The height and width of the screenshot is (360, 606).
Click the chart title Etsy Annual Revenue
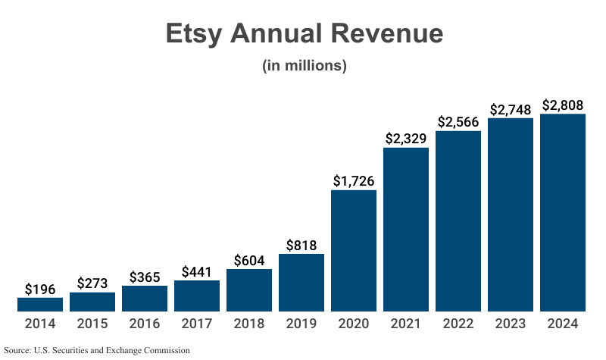[304, 34]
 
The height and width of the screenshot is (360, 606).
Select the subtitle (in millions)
[304, 66]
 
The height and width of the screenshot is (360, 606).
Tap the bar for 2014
[40, 305]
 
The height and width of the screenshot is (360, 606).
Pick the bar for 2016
[145, 299]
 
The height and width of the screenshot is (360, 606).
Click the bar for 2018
[249, 290]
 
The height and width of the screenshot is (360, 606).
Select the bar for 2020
[354, 250]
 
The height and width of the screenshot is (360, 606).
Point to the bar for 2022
[458, 221]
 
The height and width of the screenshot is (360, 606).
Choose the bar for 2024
[563, 212]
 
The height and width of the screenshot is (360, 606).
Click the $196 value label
[40, 289]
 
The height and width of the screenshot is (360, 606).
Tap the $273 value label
[92, 283]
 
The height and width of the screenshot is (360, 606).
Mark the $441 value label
[197, 271]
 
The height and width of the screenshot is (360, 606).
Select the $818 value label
[301, 245]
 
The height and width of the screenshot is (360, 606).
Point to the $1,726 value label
[354, 181]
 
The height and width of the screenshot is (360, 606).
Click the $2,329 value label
[406, 139]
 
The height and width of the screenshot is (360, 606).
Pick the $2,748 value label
[511, 109]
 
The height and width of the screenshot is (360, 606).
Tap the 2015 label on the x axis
[92, 324]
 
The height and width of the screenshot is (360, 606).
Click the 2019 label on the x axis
[301, 324]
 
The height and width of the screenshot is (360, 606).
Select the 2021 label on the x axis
[406, 324]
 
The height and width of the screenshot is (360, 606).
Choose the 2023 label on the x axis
[511, 324]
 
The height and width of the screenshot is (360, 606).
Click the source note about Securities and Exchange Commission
[96, 350]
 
